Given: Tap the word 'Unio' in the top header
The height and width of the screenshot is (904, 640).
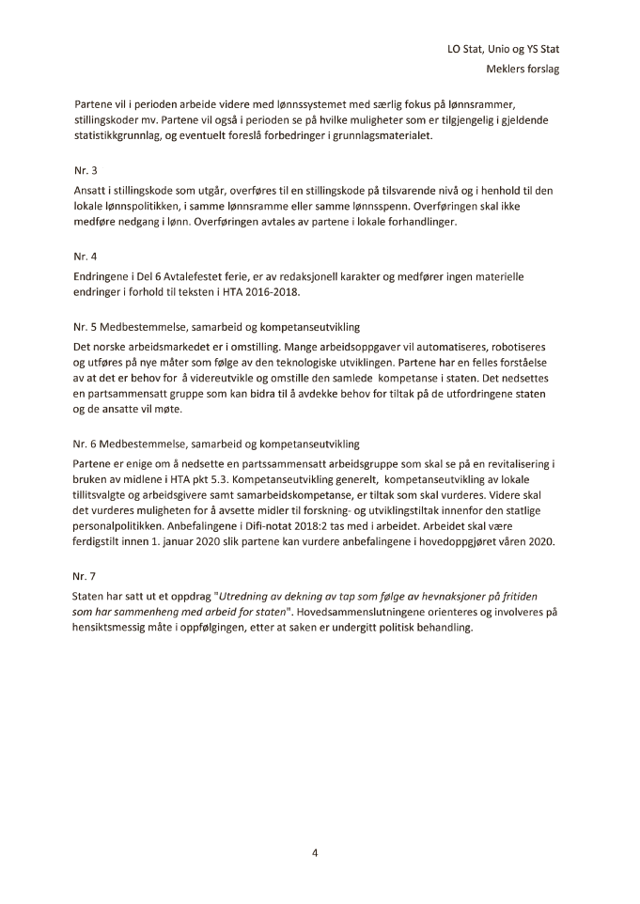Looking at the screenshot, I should pyautogui.click(x=503, y=49).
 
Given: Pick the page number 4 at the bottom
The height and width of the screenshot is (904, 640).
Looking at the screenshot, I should pyautogui.click(x=316, y=852).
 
